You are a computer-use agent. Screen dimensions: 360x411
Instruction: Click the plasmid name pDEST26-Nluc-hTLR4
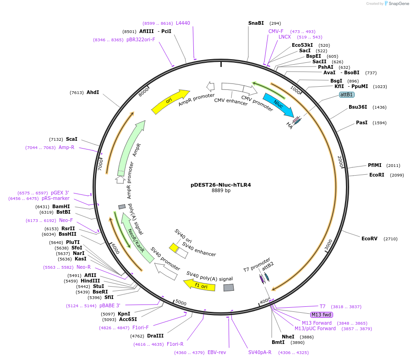[x=220, y=185]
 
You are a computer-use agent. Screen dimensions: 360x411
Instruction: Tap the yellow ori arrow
[x=170, y=101]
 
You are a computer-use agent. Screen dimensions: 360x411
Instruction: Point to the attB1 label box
[x=347, y=94]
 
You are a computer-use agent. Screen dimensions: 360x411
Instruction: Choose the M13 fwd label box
[x=321, y=315]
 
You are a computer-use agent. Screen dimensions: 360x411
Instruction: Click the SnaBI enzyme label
[x=256, y=23]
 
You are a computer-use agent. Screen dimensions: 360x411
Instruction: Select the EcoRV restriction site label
[x=369, y=238]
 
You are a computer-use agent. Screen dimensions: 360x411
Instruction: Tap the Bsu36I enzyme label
[x=358, y=107]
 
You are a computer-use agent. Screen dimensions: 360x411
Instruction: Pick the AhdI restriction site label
[x=93, y=92]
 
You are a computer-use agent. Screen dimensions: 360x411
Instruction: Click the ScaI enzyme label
[x=71, y=139]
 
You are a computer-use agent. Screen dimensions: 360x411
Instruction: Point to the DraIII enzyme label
[x=155, y=336]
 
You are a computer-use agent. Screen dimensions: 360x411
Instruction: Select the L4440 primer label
[x=183, y=23]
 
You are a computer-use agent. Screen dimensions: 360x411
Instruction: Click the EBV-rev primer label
[x=217, y=352]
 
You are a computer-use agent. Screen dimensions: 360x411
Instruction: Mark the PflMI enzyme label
[x=374, y=165]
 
